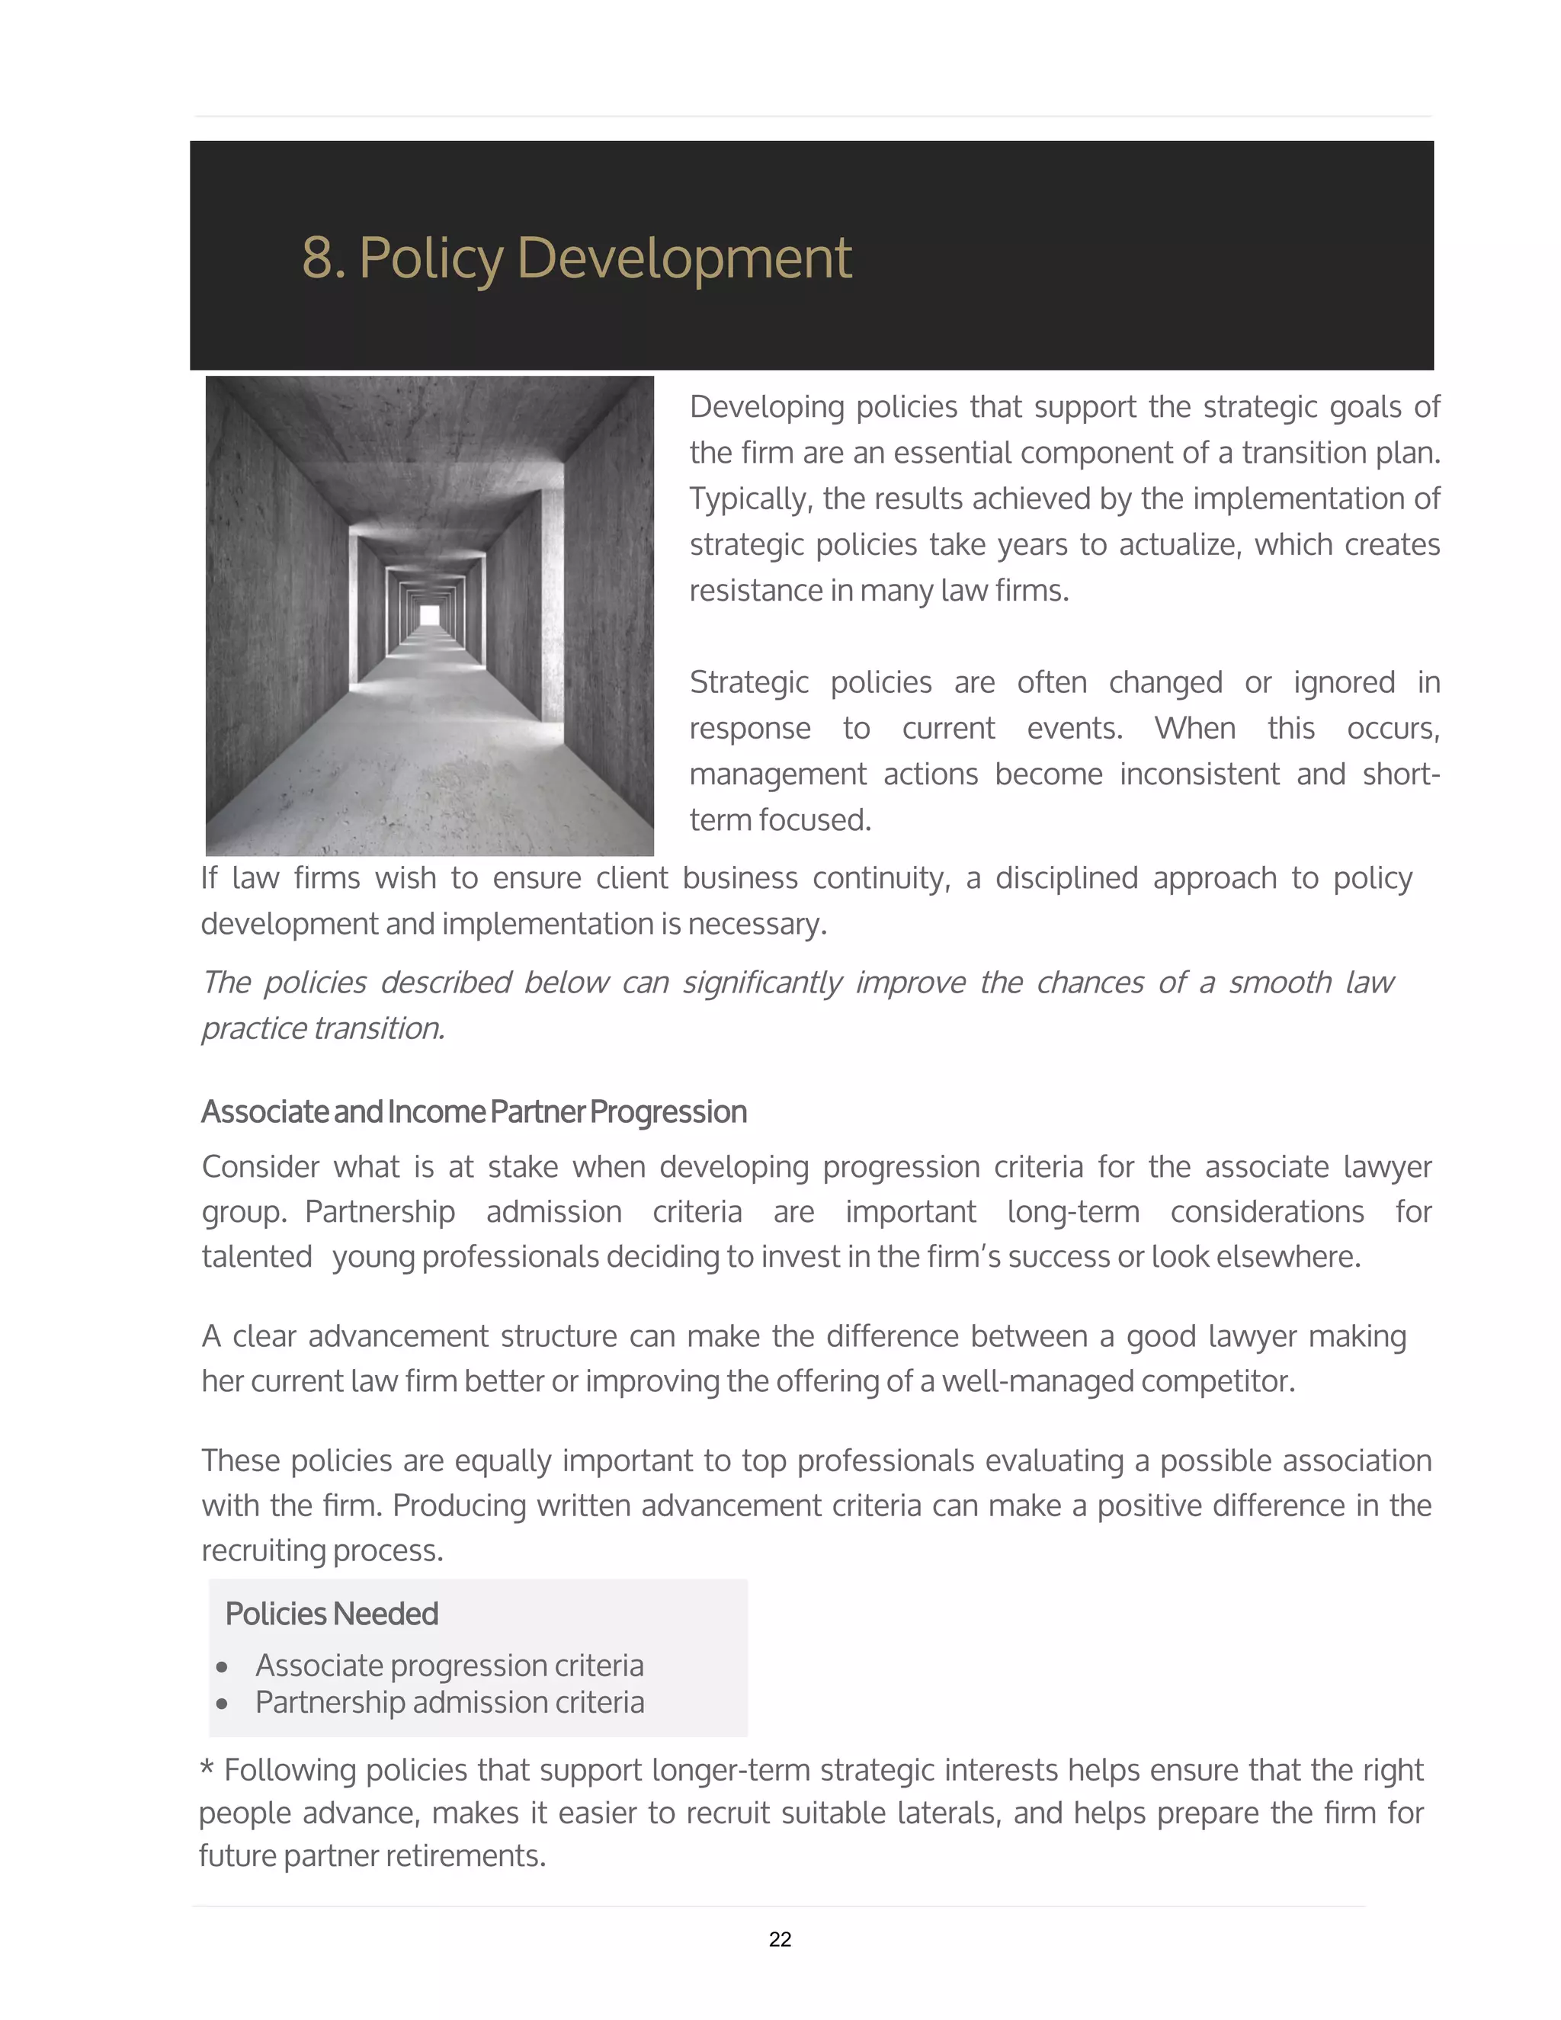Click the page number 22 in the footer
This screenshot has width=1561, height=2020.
780,1939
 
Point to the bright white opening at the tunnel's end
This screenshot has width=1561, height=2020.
429,615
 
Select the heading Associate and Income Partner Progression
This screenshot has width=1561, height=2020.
473,1111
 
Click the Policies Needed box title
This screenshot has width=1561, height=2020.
331,1614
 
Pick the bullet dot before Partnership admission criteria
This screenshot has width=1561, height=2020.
222,1704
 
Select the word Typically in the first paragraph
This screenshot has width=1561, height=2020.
750,499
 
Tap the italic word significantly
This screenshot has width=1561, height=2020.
762,983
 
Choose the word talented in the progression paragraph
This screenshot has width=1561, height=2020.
256,1257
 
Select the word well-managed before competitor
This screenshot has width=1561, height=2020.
1037,1381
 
